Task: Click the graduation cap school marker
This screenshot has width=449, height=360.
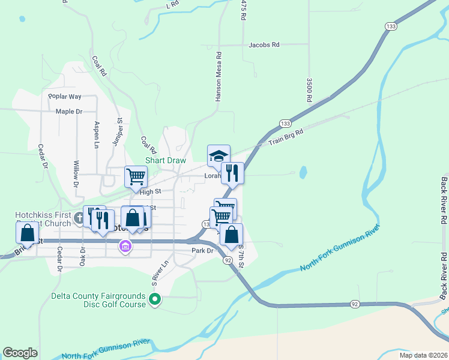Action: tap(218, 156)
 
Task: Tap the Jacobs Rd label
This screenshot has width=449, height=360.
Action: tap(264, 45)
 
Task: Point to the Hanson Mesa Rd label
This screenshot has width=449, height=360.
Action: tap(219, 75)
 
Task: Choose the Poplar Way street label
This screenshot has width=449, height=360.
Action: tap(65, 97)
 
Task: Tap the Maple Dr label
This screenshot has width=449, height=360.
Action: tap(68, 112)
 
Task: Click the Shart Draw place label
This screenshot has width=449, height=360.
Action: tap(166, 161)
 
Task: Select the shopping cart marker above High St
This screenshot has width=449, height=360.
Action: tap(136, 176)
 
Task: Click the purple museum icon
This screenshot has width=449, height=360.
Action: tap(125, 247)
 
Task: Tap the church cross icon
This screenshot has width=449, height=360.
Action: tap(78, 215)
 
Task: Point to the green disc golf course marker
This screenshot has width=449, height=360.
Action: tap(155, 299)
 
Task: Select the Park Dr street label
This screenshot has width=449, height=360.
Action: tap(203, 251)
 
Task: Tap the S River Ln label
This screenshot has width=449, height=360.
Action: tap(155, 270)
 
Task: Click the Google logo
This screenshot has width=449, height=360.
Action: tap(20, 353)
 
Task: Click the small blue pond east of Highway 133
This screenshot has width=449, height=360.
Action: tap(302, 173)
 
